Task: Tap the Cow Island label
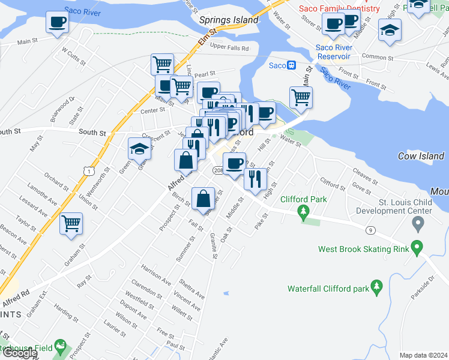[x=421, y=156]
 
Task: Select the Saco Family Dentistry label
[x=340, y=8]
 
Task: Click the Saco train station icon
[x=292, y=65]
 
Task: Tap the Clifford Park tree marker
[x=304, y=211]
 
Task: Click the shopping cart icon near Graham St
[x=71, y=223]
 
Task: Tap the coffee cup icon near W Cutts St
[x=57, y=22]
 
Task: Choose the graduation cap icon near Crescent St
[x=139, y=149]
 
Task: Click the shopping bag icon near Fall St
[x=203, y=198]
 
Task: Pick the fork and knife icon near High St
[x=255, y=178]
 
